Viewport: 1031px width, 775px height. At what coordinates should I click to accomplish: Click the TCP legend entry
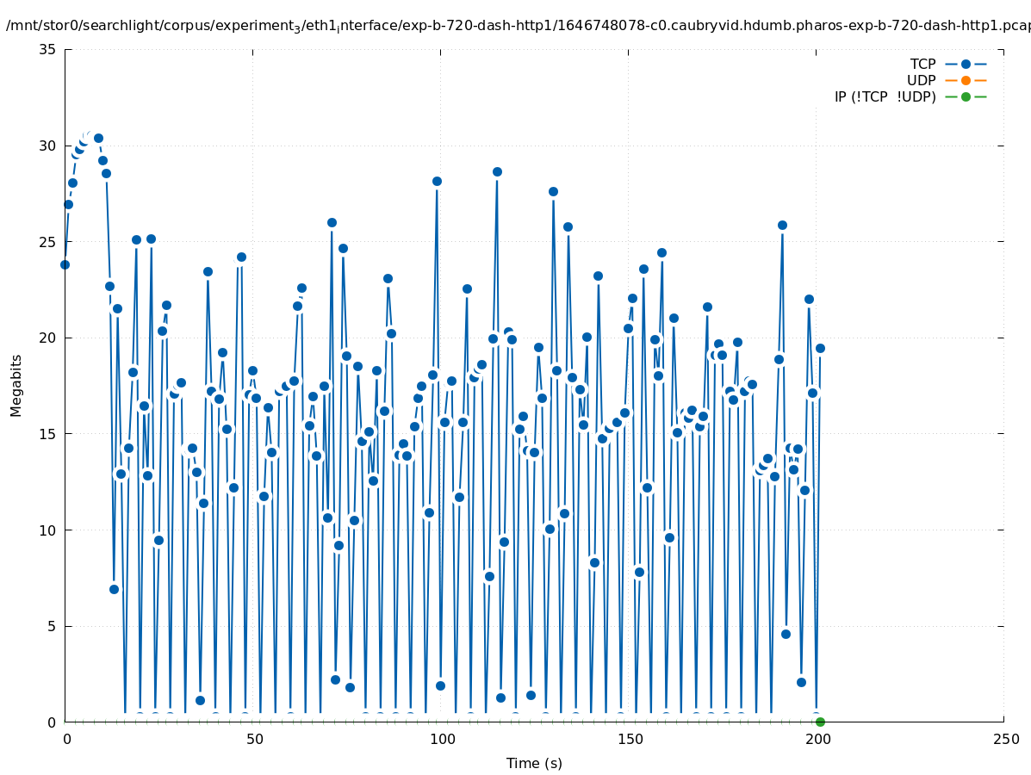(922, 64)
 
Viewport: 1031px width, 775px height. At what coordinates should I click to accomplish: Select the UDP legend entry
(921, 80)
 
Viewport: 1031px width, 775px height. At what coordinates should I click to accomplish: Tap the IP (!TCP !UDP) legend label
(885, 96)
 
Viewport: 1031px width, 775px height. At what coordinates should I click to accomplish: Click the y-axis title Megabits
(16, 385)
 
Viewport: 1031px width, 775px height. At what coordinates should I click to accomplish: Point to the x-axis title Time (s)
(534, 763)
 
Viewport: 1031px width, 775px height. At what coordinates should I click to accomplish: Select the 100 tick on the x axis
(441, 739)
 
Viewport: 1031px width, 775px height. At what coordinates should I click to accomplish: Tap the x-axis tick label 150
(629, 739)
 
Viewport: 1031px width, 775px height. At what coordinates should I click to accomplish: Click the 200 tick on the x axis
(817, 739)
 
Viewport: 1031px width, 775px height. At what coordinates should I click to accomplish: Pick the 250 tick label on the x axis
(1004, 739)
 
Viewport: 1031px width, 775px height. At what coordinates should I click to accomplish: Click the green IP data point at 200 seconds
(820, 722)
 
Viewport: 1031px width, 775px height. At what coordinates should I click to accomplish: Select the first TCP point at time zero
(65, 264)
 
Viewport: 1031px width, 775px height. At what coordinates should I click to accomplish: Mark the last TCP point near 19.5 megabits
(820, 348)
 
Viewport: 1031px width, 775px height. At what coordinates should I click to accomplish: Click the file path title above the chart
(517, 26)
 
